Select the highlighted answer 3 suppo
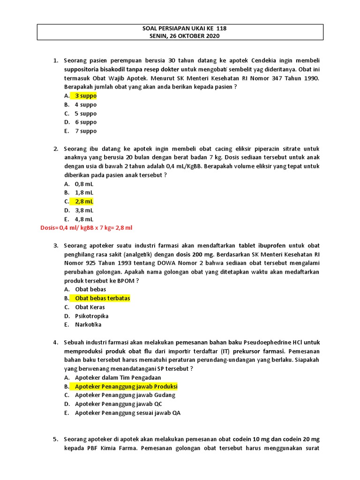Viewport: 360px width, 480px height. tap(85, 96)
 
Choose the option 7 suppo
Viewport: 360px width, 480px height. tap(85, 131)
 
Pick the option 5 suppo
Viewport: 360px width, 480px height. tap(85, 113)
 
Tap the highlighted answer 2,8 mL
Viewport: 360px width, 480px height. tap(84, 201)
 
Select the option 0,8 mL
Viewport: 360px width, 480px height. tap(84, 184)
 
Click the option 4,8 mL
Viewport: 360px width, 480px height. tap(84, 219)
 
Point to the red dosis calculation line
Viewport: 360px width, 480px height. tap(87, 228)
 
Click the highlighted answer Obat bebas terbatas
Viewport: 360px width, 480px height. tap(102, 298)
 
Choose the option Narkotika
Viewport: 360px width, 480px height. tap(88, 324)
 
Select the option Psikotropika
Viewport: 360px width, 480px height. tap(91, 316)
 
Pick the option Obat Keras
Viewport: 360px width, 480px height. tap(90, 307)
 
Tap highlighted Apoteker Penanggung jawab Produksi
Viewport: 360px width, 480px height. tap(126, 386)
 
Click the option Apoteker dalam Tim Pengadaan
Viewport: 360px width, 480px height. tap(118, 377)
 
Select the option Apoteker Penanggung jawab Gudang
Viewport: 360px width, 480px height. tap(125, 395)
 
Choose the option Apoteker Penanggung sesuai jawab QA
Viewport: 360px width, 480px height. tap(127, 413)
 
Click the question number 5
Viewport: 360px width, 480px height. tap(55, 439)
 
